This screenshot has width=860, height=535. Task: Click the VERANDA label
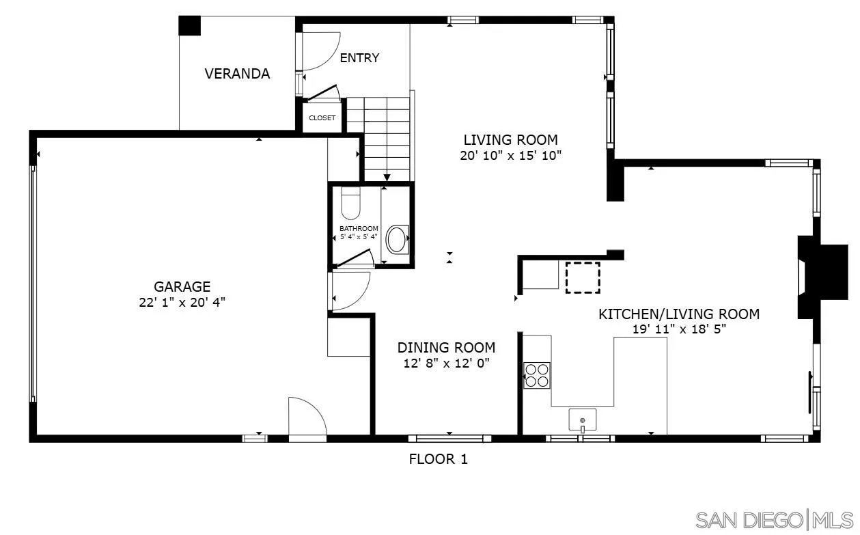237,74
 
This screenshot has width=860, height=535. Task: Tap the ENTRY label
359,58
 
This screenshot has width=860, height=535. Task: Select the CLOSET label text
322,118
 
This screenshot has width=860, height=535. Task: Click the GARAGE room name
182,287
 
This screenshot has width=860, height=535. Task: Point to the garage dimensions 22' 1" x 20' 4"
182,303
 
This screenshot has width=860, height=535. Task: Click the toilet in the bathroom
350,202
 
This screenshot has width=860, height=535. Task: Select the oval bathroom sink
397,240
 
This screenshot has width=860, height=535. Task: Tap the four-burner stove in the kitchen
537,375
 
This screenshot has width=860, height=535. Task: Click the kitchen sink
582,419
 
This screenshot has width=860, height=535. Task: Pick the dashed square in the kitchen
583,278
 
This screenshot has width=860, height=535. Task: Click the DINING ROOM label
446,347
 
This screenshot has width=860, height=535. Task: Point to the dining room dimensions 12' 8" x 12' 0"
446,363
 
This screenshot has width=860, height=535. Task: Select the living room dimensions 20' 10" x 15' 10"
510,155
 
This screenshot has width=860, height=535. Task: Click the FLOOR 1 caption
438,459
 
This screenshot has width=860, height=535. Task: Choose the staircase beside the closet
387,137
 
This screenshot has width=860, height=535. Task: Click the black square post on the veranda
190,25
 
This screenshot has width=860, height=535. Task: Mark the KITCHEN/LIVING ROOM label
679,314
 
